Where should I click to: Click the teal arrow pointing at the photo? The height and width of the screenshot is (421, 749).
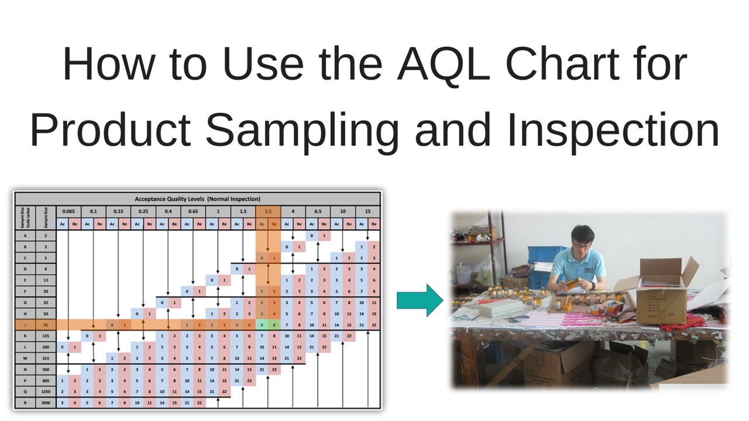click(x=420, y=300)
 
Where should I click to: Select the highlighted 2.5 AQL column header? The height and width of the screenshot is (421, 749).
click(x=267, y=211)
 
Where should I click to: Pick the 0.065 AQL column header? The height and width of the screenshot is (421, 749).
click(x=68, y=211)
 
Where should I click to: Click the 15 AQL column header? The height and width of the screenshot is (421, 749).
click(x=367, y=211)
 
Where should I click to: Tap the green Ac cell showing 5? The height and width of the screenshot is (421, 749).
click(x=262, y=325)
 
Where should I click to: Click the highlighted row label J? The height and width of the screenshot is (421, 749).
click(x=25, y=325)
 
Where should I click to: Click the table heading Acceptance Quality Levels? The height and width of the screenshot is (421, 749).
click(x=197, y=199)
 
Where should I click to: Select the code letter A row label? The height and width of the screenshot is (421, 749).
click(x=25, y=235)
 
